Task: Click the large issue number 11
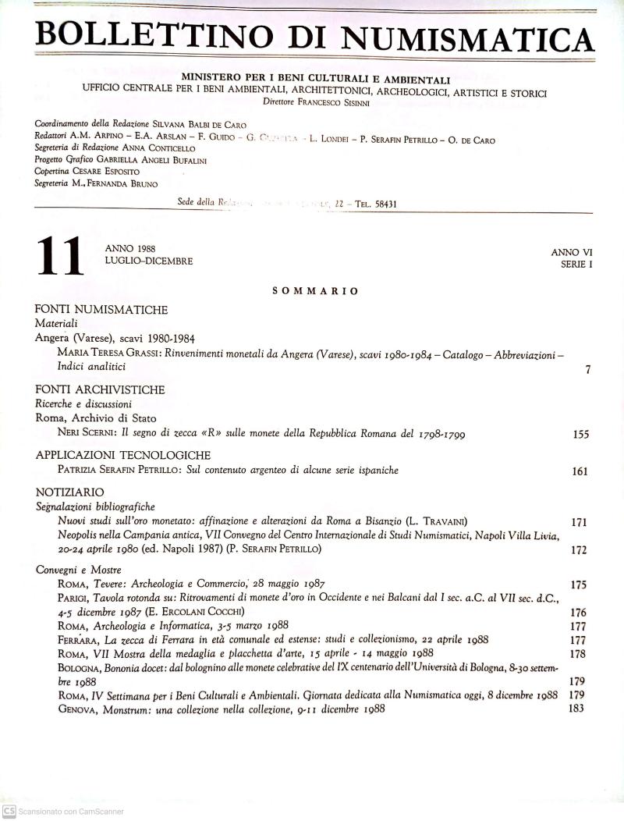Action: [58, 258]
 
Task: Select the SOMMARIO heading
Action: [315, 291]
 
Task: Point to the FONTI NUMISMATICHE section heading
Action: [101, 310]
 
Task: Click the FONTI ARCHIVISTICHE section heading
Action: [100, 389]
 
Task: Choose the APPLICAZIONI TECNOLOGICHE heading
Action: [123, 455]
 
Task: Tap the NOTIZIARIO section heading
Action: [69, 492]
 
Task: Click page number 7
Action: [587, 370]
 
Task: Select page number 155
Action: [580, 435]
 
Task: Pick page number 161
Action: [580, 471]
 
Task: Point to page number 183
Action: [576, 709]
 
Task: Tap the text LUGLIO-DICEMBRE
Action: [148, 261]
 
